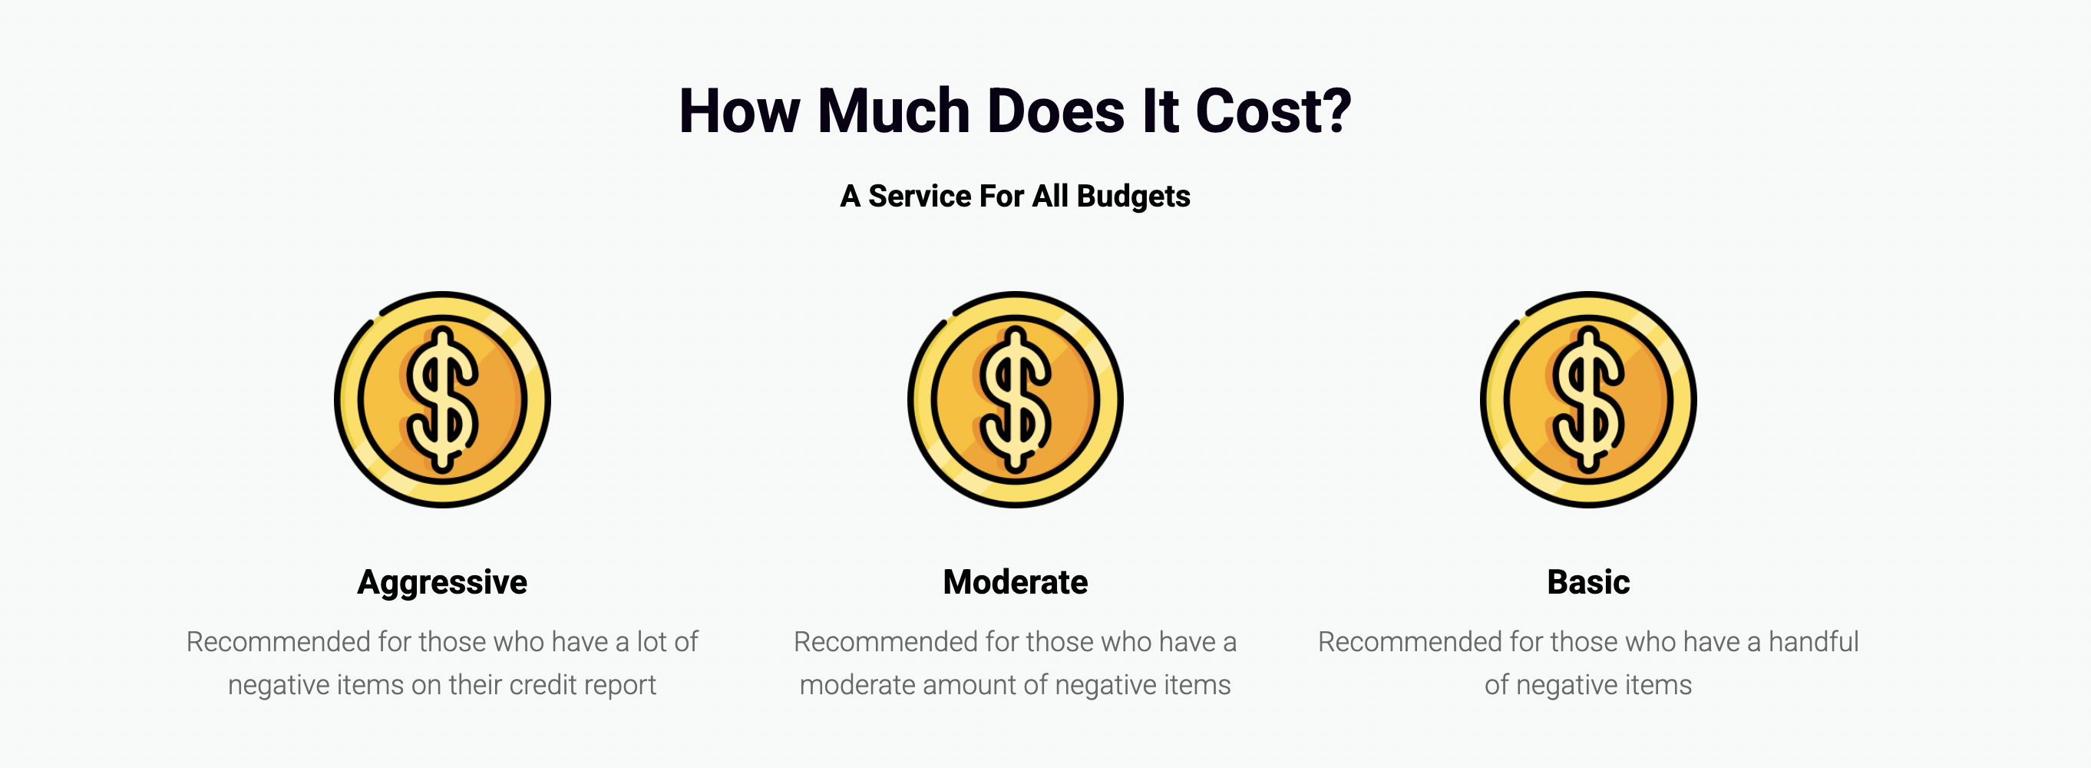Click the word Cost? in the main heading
[x=1273, y=111]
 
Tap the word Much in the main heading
[x=894, y=111]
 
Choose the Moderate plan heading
[x=1016, y=582]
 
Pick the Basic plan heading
[x=1588, y=582]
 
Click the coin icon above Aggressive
[x=442, y=399]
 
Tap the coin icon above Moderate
[x=1016, y=399]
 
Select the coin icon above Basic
[x=1588, y=399]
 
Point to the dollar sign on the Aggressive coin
[x=442, y=399]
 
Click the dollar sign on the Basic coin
[x=1588, y=399]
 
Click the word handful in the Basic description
[x=1813, y=642]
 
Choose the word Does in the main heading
[x=1056, y=111]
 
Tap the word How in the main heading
[x=739, y=111]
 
